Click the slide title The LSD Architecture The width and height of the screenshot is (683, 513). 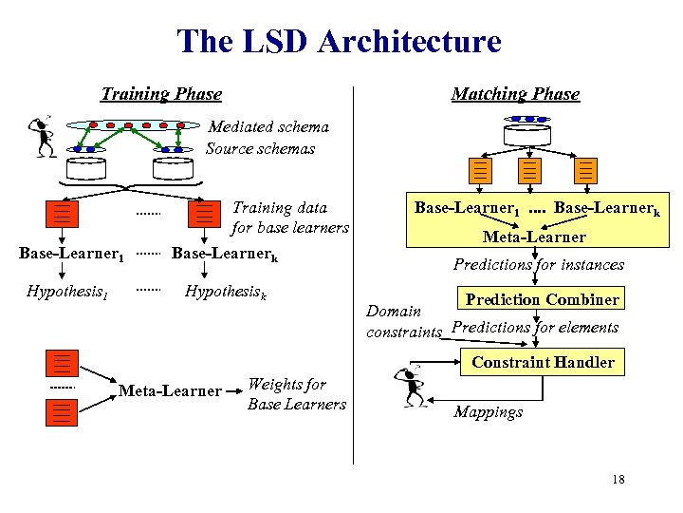pyautogui.click(x=339, y=42)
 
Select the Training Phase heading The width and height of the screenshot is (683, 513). pyautogui.click(x=161, y=94)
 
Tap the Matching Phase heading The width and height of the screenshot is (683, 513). pyautogui.click(x=515, y=94)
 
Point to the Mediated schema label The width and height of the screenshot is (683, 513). pyautogui.click(x=268, y=126)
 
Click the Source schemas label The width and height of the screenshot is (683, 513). pyautogui.click(x=260, y=149)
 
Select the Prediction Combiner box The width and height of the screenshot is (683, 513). pyautogui.click(x=541, y=299)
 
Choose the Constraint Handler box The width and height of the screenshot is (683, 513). pyautogui.click(x=542, y=362)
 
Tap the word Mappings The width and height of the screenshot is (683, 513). pyautogui.click(x=488, y=412)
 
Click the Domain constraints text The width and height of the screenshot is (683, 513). pyautogui.click(x=403, y=322)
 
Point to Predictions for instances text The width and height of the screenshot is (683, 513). pyautogui.click(x=538, y=265)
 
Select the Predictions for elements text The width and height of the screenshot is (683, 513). pyautogui.click(x=535, y=328)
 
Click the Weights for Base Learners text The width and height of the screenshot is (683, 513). pyautogui.click(x=296, y=394)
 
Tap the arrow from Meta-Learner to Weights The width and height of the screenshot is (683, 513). pyautogui.click(x=233, y=390)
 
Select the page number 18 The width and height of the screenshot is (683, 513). pyautogui.click(x=618, y=480)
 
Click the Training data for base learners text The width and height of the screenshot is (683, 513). pyautogui.click(x=290, y=218)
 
